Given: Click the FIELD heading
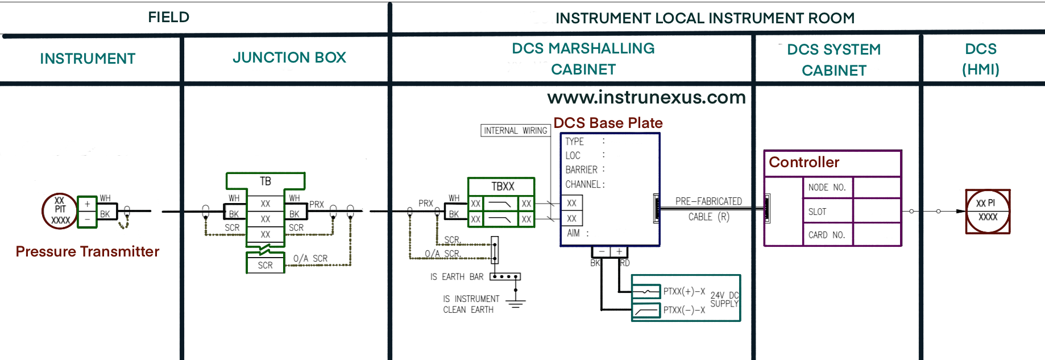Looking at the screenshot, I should pyautogui.click(x=168, y=17).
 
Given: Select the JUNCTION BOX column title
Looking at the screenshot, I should pyautogui.click(x=289, y=57).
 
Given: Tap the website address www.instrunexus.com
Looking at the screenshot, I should pyautogui.click(x=646, y=97).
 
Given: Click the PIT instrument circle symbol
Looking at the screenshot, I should pyautogui.click(x=60, y=211).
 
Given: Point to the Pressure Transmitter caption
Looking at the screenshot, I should pyautogui.click(x=87, y=251).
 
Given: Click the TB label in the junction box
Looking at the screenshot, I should pyautogui.click(x=266, y=181).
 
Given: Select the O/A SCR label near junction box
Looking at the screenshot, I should pyautogui.click(x=310, y=259).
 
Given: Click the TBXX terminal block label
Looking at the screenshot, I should pyautogui.click(x=503, y=187).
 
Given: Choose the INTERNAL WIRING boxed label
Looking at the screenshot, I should pyautogui.click(x=515, y=131).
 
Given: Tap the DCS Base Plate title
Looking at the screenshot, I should pyautogui.click(x=608, y=123).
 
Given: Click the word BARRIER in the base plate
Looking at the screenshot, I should pyautogui.click(x=581, y=170).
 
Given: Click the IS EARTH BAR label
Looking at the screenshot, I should pyautogui.click(x=457, y=277).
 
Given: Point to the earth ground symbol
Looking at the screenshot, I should pyautogui.click(x=516, y=302).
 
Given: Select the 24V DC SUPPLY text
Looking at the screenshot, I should pyautogui.click(x=724, y=300).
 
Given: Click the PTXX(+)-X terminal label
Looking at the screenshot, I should pyautogui.click(x=684, y=292).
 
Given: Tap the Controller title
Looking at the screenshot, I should pyautogui.click(x=804, y=163).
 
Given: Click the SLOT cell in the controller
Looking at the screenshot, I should pyautogui.click(x=817, y=212).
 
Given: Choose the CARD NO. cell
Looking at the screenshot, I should pyautogui.click(x=826, y=235).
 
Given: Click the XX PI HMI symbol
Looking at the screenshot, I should pyautogui.click(x=988, y=211).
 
